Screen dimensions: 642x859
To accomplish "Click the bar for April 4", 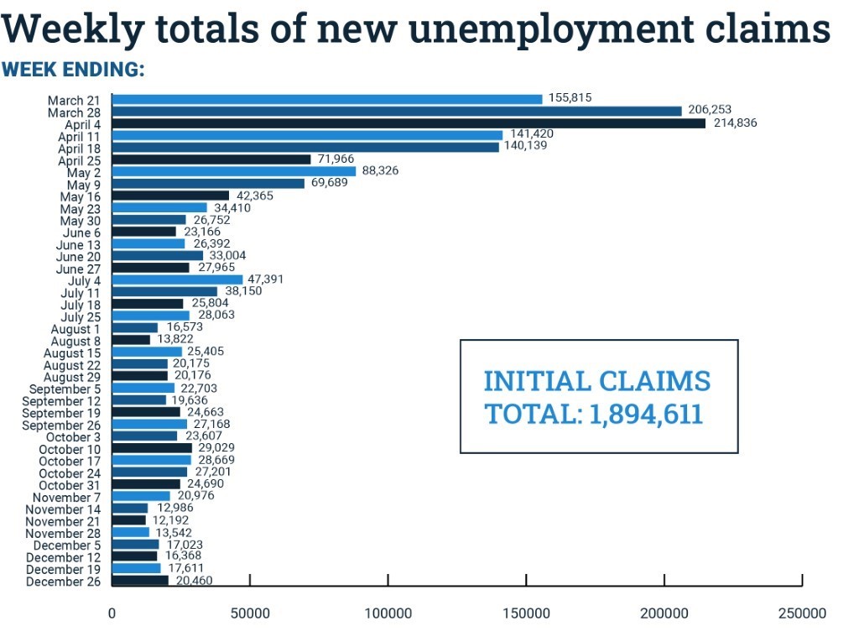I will tap(409, 123).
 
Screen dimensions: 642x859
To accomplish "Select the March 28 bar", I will tap(397, 111).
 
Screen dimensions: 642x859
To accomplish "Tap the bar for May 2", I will tap(234, 171).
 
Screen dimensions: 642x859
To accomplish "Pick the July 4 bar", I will tap(177, 279).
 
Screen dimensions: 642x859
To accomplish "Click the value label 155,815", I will tap(570, 97).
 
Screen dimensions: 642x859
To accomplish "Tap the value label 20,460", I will tap(194, 581).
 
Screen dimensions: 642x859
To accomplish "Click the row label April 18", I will tap(79, 149).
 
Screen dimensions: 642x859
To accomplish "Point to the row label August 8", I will tap(76, 341).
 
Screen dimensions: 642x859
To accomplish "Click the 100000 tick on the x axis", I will tap(388, 613).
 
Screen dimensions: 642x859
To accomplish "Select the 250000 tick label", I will tap(803, 613).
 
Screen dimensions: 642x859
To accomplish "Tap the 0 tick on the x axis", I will tap(112, 613).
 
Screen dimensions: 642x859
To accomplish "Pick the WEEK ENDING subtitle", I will tap(73, 70).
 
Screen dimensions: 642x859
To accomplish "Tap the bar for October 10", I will tap(152, 449).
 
